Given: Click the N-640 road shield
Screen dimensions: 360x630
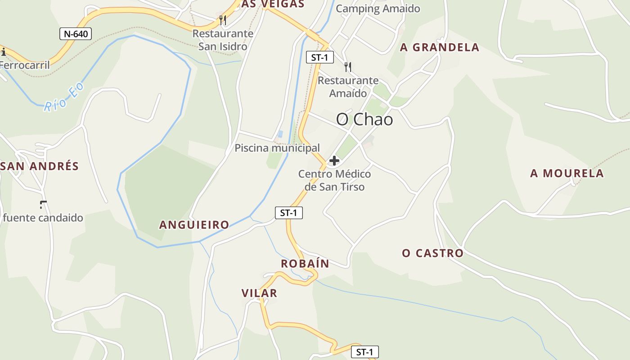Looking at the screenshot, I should pyautogui.click(x=76, y=34).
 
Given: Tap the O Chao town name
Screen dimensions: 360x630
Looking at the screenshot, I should pyautogui.click(x=364, y=119).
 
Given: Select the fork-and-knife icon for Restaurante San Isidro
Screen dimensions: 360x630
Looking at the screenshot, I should pyautogui.click(x=223, y=20).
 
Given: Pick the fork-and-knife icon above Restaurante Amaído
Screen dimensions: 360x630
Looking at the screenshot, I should pyautogui.click(x=347, y=67).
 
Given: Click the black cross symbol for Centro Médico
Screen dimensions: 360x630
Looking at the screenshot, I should pyautogui.click(x=334, y=161).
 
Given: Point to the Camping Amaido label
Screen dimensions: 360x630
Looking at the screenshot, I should pyautogui.click(x=378, y=9).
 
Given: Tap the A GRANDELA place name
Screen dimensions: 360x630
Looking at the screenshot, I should pyautogui.click(x=440, y=47).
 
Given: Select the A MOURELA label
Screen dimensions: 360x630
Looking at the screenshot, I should pyautogui.click(x=567, y=173).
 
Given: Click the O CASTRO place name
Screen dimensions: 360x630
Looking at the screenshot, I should pyautogui.click(x=432, y=253).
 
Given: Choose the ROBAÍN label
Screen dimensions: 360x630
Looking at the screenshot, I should pyautogui.click(x=305, y=264).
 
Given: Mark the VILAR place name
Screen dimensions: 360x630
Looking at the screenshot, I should pyautogui.click(x=259, y=293).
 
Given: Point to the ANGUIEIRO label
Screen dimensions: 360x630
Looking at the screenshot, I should pyautogui.click(x=194, y=225).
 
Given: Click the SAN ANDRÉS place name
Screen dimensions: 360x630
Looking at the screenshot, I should pyautogui.click(x=40, y=166).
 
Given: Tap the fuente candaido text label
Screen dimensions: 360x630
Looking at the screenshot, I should pyautogui.click(x=43, y=218).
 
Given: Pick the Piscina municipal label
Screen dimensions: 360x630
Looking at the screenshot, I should pyautogui.click(x=277, y=148).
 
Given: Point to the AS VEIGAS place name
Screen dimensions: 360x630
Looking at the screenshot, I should pyautogui.click(x=273, y=4).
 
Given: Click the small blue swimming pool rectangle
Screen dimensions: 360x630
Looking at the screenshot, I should pyautogui.click(x=280, y=134).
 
